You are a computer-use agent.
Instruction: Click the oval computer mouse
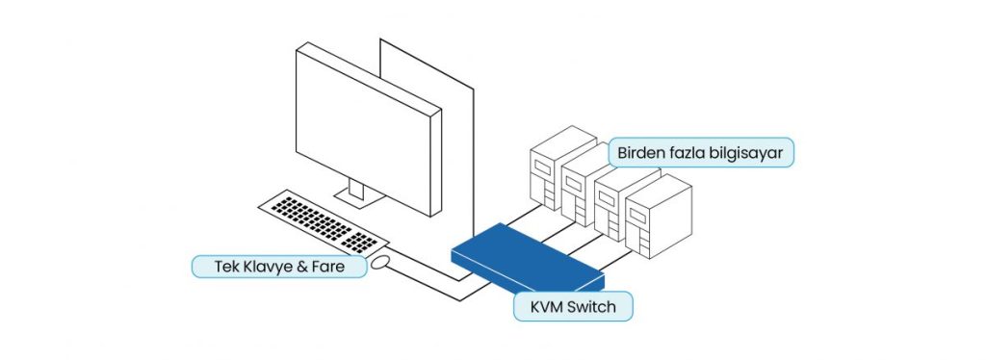pos(380,260)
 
